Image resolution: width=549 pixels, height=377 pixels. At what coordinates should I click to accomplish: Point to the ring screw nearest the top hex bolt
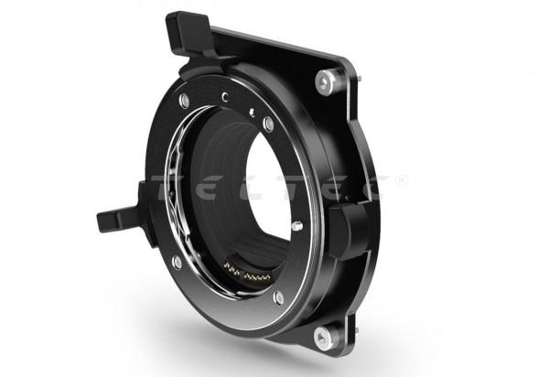268,124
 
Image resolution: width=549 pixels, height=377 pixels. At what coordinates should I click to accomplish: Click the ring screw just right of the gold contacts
278,297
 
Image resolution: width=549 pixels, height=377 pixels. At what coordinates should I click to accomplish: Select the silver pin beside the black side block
297,225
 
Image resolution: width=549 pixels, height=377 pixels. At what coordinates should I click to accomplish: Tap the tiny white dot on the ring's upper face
252,112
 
